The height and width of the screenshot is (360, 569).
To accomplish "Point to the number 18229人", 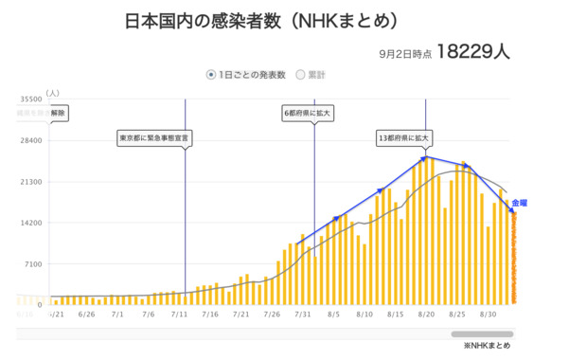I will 474,52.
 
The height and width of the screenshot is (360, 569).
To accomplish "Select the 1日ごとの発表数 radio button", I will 211,75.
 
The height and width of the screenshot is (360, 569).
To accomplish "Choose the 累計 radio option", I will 301,75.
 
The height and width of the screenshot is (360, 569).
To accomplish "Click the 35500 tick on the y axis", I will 30,99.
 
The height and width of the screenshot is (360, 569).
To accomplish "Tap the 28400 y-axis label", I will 30,140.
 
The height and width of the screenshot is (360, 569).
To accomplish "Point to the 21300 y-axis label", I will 30,181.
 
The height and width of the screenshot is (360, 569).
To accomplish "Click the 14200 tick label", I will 30,223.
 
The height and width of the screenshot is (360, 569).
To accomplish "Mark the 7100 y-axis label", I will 33,264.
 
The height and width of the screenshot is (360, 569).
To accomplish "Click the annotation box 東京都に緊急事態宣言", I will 153,137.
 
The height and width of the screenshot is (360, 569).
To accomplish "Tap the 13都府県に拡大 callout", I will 403,137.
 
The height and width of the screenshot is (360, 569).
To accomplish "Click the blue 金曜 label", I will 519,203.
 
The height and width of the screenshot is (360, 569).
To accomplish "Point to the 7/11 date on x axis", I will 179,312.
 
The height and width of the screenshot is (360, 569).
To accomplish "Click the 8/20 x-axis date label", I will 426,312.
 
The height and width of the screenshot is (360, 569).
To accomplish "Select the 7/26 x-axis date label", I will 272,312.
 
